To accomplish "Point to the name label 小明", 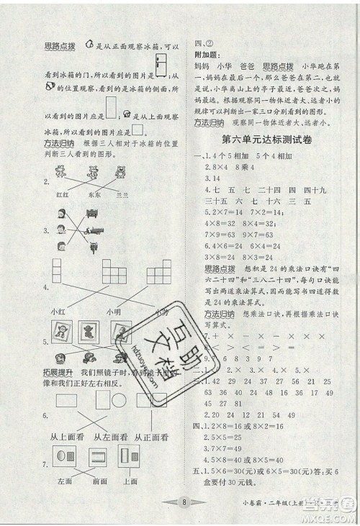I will [x=112, y=311].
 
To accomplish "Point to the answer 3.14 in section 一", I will [x=213, y=177].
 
